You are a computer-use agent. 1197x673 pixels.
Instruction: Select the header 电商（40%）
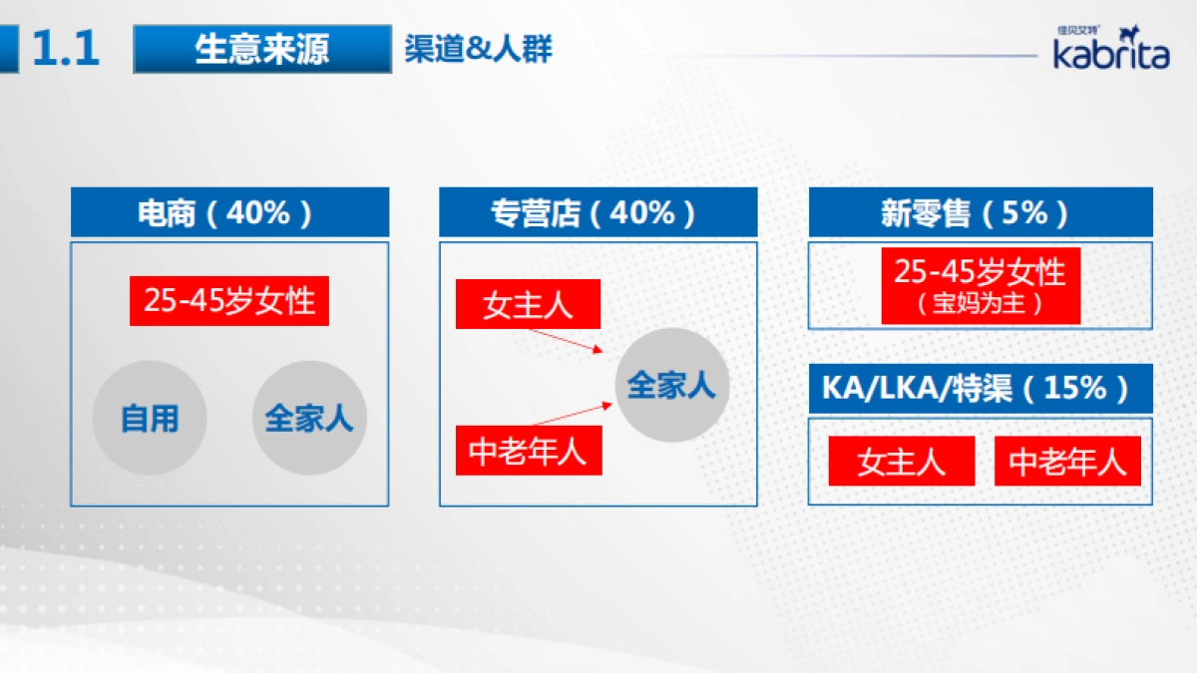(229, 212)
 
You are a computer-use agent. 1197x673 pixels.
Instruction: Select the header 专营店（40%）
(598, 212)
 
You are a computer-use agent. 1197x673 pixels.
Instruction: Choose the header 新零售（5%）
(980, 212)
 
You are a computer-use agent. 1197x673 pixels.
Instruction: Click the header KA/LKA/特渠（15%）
(980, 388)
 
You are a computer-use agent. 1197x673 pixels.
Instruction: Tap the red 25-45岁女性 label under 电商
(229, 301)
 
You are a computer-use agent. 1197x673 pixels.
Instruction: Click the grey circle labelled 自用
(150, 418)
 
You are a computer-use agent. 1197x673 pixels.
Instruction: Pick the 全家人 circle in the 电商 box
(309, 418)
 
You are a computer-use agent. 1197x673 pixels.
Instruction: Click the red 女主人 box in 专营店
(528, 304)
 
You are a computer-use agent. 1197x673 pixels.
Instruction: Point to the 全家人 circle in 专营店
(672, 385)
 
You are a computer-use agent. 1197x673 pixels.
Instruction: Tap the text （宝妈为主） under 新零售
(980, 305)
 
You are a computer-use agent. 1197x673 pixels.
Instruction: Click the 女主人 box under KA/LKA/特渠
(901, 462)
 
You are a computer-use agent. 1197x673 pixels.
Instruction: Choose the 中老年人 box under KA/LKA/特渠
(1067, 462)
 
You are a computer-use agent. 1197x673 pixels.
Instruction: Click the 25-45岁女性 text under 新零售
(980, 272)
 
